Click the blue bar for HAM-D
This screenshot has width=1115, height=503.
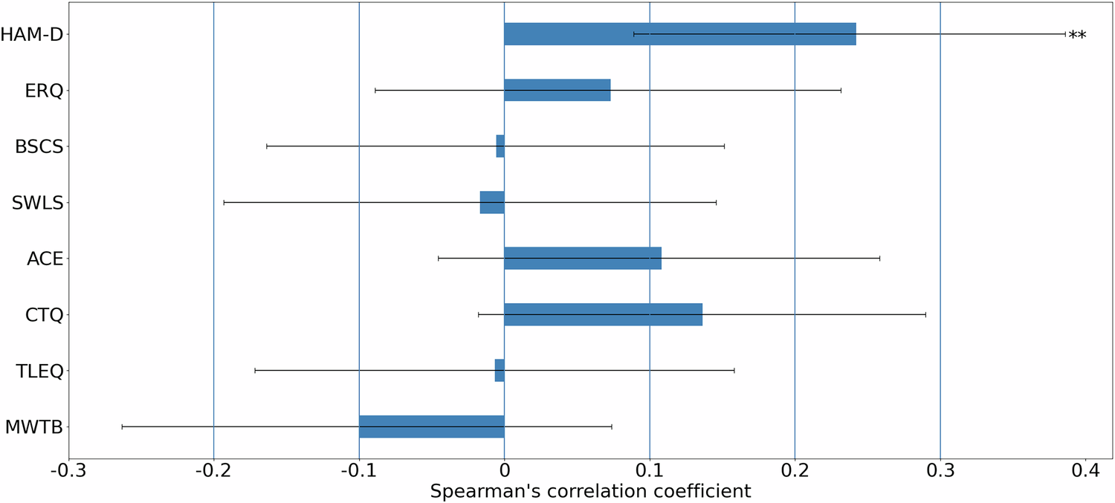679,34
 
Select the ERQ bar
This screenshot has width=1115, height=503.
557,90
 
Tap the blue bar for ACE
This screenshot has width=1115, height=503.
582,259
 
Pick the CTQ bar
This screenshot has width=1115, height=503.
603,314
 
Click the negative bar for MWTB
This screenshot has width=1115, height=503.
431,426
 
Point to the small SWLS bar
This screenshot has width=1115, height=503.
492,202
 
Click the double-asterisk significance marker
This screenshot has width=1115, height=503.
1077,36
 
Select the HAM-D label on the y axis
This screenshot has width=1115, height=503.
31,34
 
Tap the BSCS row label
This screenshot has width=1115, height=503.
39,146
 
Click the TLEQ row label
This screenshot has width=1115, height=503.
39,371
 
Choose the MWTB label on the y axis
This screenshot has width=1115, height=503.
33,427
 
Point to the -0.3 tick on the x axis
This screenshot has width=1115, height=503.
68,471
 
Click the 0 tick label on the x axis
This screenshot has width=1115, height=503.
504,471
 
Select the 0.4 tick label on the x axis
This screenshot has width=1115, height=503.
1085,471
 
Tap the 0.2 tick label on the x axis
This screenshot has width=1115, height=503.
795,471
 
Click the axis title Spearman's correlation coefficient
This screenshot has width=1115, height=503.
590,491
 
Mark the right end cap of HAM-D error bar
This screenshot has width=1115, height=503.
1065,34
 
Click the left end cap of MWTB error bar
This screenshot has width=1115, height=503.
122,426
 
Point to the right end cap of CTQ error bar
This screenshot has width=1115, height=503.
925,314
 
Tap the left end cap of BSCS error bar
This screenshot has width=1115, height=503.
267,146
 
